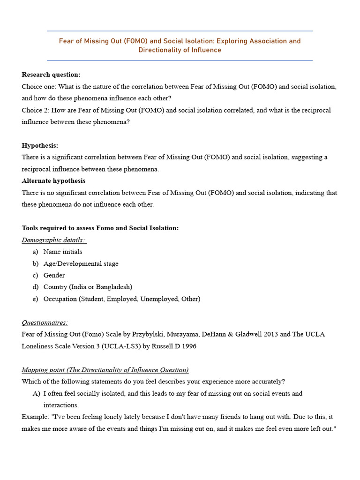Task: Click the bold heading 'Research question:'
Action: click(51, 75)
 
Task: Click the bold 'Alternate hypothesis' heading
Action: click(53, 181)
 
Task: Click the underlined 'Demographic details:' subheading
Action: click(53, 240)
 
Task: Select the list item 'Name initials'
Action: click(63, 252)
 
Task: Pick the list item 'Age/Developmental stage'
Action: click(81, 263)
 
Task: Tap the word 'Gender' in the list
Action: click(54, 275)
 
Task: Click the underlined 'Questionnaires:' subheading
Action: click(45, 322)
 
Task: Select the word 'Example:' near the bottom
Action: click(36, 417)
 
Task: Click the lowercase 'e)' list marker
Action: click(36, 299)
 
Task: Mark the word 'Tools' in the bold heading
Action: click(31, 228)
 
